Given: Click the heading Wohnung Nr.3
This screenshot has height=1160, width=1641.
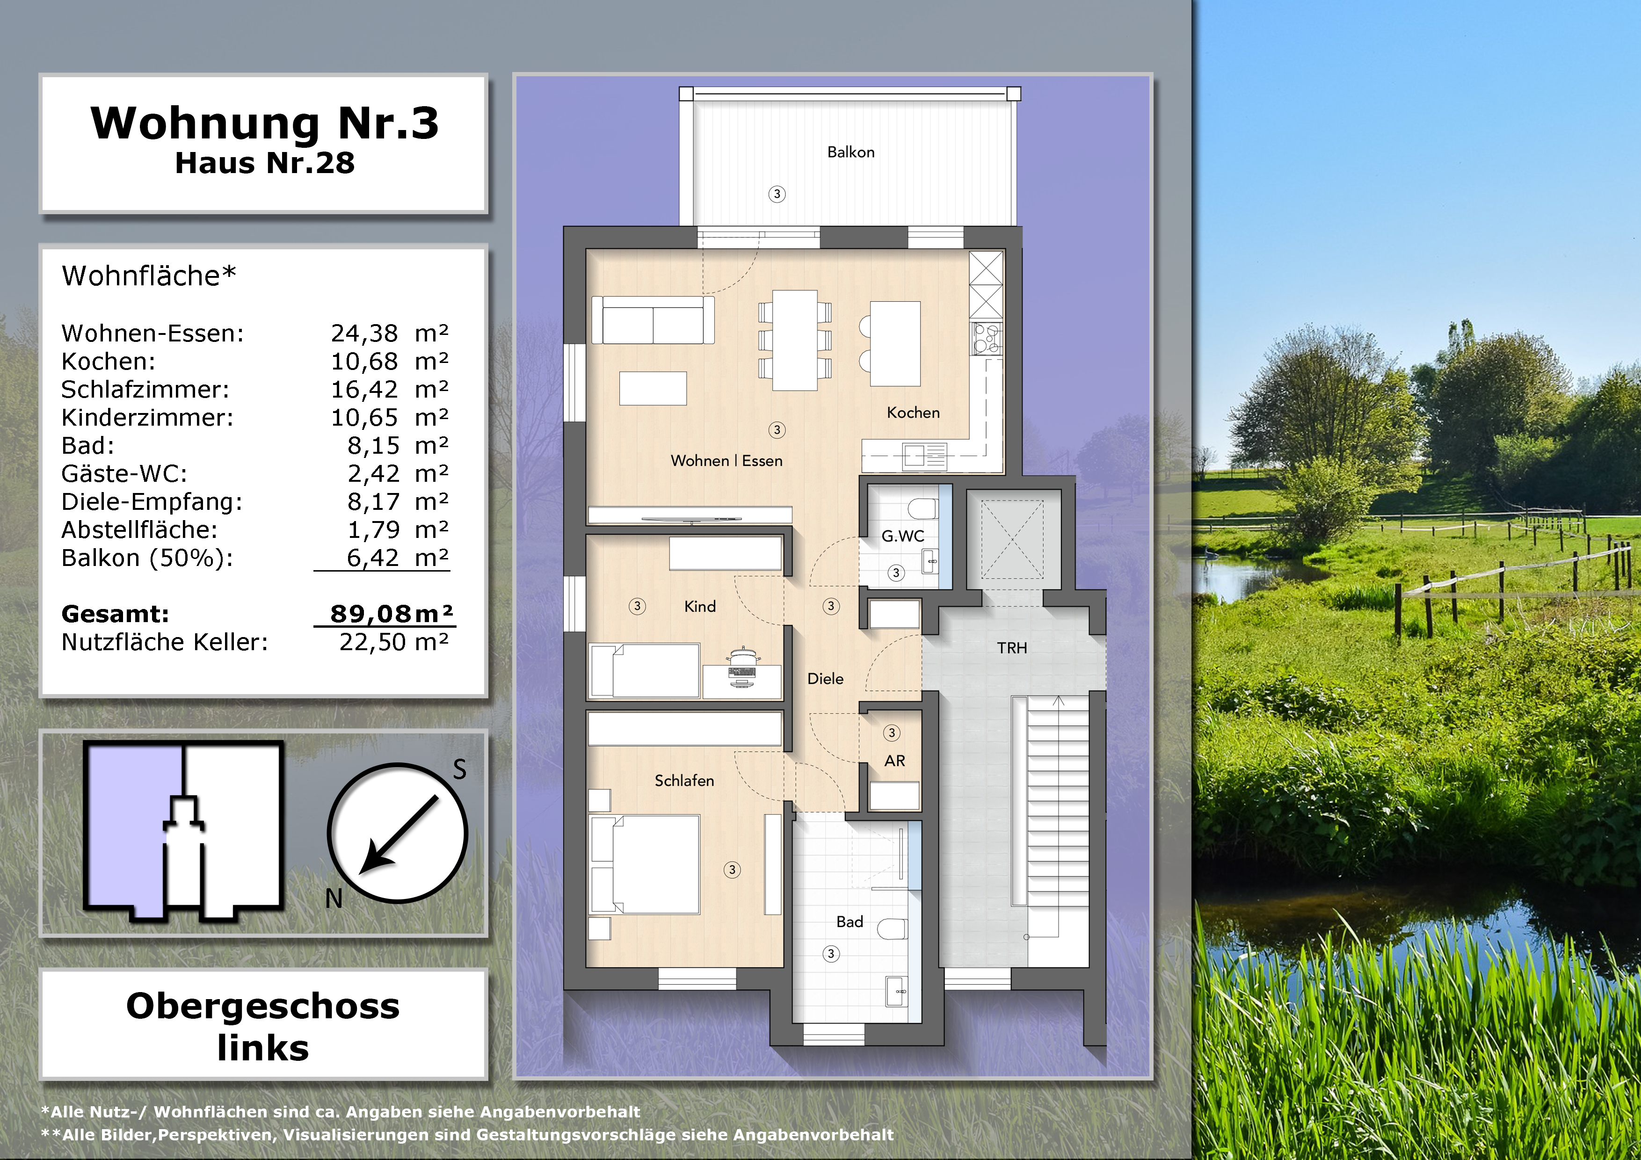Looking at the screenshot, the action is click(264, 123).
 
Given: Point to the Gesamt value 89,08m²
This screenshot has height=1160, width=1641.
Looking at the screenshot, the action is click(392, 613).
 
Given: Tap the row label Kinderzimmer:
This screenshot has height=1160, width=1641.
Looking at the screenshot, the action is click(147, 417).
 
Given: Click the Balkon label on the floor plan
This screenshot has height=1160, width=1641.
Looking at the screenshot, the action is click(850, 152).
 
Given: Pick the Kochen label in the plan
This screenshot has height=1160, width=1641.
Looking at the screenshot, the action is click(913, 413).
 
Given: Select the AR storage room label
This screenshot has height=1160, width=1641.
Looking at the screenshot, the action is click(894, 761).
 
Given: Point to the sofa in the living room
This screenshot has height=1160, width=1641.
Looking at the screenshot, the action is click(653, 320).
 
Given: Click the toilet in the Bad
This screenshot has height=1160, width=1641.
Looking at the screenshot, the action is click(893, 928).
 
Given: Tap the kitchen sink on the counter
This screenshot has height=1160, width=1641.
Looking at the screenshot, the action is click(925, 455).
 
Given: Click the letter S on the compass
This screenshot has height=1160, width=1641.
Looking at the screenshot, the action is click(459, 769).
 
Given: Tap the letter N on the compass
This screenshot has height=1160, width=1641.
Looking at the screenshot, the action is click(334, 899).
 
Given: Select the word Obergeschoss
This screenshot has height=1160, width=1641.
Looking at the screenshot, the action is click(263, 1006).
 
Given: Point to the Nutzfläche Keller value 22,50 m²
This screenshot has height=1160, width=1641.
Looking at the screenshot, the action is click(394, 642).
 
